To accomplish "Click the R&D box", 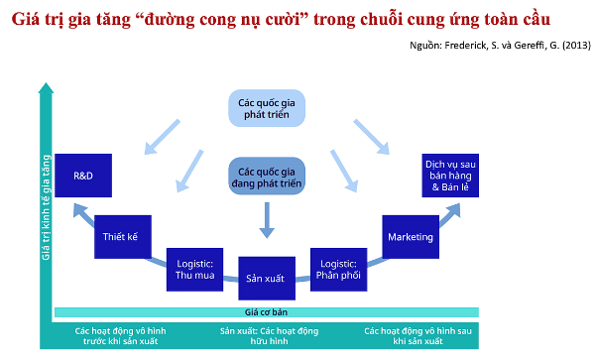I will coord(82,175).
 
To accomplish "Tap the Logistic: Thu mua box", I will coord(192,269).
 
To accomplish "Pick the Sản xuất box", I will coord(265,279).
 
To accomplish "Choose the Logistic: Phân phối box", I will coord(338,269).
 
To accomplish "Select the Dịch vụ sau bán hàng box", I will coord(451,175).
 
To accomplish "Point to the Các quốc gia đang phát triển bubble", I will coord(266,175).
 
